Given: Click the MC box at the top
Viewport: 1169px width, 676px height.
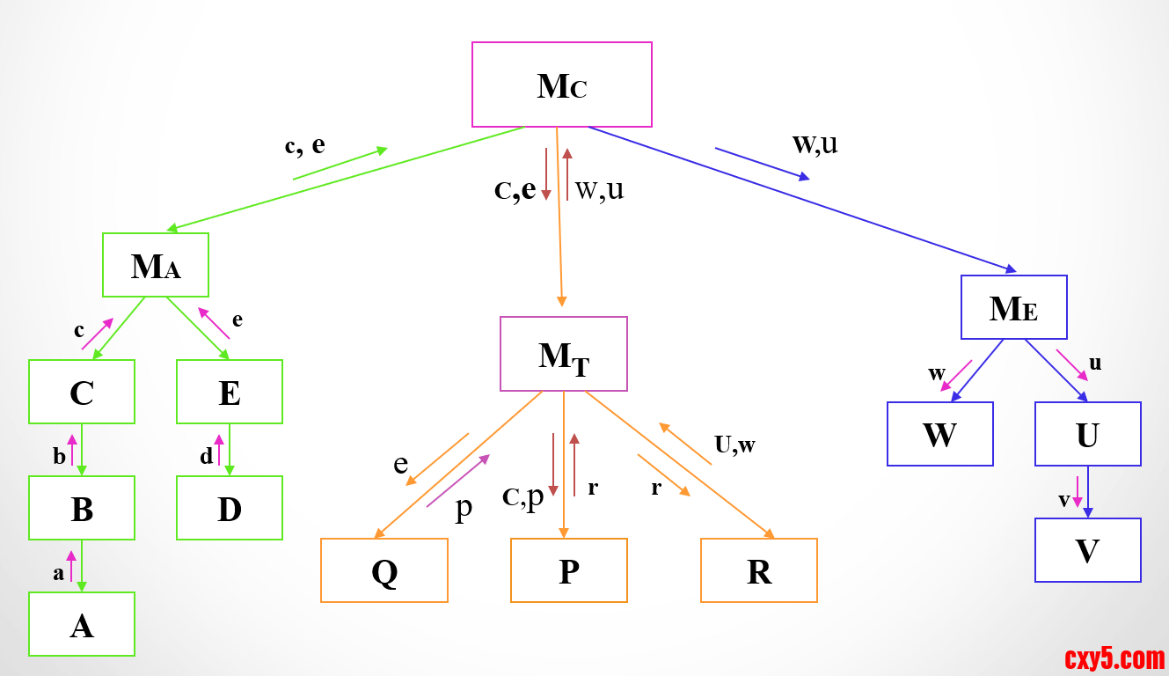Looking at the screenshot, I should [561, 84].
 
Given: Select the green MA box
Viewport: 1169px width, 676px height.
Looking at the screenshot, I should [156, 265].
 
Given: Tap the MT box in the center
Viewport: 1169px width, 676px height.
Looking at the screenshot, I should [564, 354].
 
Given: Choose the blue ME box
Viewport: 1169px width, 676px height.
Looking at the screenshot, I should [1013, 307].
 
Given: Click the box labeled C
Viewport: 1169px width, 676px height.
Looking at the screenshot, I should [82, 392].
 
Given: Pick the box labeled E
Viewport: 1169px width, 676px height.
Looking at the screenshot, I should [230, 392].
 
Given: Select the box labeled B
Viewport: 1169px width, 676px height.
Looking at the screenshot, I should [82, 508].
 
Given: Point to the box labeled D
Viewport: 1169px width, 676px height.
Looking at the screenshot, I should [230, 508].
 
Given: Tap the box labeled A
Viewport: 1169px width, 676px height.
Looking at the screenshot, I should [82, 624].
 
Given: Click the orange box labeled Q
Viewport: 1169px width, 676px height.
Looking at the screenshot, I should [384, 570].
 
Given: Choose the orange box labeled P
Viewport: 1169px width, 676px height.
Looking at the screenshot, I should [569, 570].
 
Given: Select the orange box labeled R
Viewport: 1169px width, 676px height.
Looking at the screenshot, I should [759, 570].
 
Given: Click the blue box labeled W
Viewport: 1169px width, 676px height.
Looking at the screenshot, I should [940, 434].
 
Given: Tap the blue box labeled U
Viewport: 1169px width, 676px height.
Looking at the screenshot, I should [1088, 434].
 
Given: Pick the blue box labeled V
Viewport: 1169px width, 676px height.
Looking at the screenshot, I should [1088, 550].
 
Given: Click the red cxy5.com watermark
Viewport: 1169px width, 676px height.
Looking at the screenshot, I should [1114, 658].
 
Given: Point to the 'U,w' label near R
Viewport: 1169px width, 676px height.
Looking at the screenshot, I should [734, 445].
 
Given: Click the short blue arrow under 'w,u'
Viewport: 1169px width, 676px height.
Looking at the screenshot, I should [762, 164].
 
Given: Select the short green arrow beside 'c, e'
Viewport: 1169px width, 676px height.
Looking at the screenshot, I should [340, 164].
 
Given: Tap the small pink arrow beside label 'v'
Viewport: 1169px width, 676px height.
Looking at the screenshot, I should [1078, 491].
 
